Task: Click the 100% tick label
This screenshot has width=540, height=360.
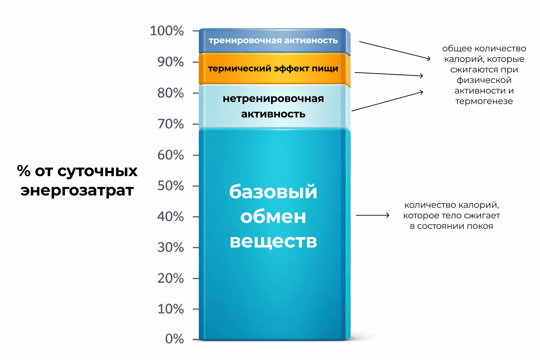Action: pos(167,31)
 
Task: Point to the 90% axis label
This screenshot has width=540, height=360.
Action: pos(171,62)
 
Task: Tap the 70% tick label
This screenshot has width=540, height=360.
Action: pos(171,124)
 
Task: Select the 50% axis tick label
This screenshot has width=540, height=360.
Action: pos(171,186)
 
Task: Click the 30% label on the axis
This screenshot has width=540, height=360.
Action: pos(171,247)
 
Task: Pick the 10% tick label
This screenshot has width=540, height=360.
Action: pos(171,309)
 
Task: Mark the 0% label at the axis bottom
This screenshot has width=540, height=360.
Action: pos(174,339)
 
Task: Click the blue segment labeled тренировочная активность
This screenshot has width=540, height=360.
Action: pos(273,40)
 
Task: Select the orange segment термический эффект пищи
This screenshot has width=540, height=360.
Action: pos(273,69)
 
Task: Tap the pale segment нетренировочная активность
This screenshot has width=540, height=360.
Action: pos(273,106)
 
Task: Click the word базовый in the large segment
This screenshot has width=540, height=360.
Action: pos(273,192)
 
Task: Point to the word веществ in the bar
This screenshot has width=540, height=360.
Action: pos(273,241)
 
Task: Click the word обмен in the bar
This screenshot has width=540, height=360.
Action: pos(273,217)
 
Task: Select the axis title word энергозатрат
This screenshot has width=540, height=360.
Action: pos(77,191)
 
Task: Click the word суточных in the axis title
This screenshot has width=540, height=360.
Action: pos(97,171)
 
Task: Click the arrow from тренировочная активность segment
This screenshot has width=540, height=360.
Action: pos(394,50)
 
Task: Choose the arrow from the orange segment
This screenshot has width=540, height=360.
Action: pos(388,74)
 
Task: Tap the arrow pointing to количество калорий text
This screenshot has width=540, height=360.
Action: pos(373,215)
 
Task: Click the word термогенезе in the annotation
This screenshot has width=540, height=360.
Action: pos(484,101)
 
